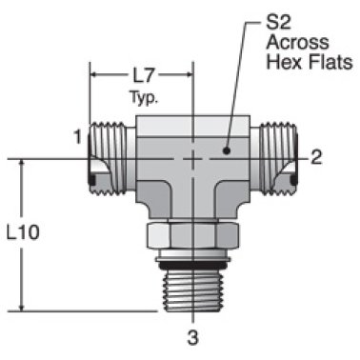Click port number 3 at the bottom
192,336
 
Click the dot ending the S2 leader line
228,150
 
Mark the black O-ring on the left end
91,180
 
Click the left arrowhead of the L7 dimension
93,73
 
